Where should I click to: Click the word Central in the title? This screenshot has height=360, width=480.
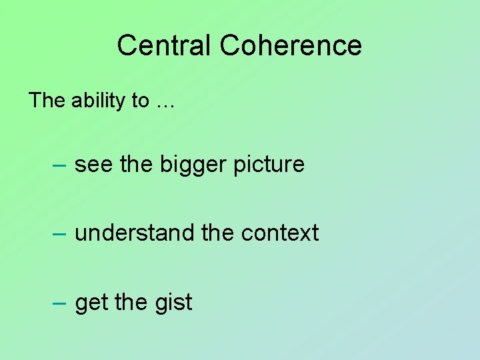[x=165, y=45]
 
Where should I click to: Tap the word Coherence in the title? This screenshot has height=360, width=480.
[x=291, y=45]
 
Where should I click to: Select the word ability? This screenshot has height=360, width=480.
[x=99, y=101]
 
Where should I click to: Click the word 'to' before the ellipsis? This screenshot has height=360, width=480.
[x=141, y=101]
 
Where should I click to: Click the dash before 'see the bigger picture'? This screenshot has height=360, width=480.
[x=59, y=165]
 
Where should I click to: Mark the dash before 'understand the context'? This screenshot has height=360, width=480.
[x=59, y=233]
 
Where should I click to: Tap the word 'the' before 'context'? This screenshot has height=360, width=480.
[x=218, y=233]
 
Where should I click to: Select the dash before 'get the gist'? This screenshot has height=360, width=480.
[x=59, y=303]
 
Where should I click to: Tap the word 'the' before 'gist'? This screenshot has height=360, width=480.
[x=131, y=303]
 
